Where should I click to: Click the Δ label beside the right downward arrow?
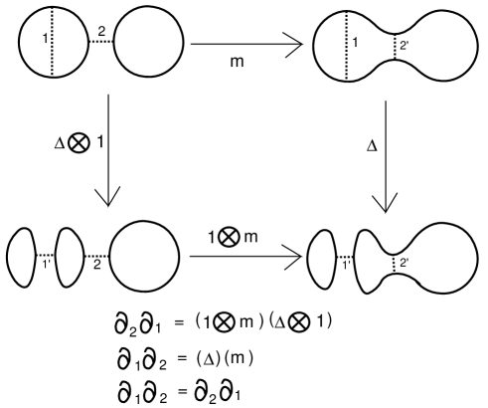coord(373,146)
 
